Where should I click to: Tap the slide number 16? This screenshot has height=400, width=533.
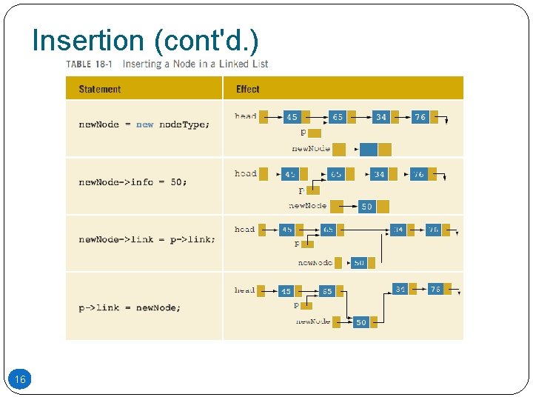[x=21, y=380]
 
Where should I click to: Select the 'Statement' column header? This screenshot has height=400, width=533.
[x=99, y=90]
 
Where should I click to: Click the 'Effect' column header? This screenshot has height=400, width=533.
[x=248, y=90]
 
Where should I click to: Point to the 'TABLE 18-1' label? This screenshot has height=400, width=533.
[x=89, y=64]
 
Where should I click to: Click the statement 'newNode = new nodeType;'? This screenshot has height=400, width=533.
[x=144, y=124]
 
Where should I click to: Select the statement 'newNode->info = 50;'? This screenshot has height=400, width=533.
[x=133, y=182]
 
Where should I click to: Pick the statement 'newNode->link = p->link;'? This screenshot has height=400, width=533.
[x=147, y=240]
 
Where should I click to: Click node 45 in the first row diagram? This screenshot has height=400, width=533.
[x=292, y=117]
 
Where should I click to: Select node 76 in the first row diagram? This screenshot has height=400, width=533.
[x=420, y=117]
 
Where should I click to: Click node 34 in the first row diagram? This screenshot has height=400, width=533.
[x=381, y=117]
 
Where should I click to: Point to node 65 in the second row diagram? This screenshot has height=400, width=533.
[x=336, y=174]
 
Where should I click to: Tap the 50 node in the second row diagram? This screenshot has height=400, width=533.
[x=366, y=207]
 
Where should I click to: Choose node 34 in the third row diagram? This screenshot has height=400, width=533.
[x=398, y=230]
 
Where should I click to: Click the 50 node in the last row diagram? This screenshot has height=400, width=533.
[x=361, y=322]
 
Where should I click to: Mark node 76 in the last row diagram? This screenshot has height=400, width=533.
[x=435, y=289]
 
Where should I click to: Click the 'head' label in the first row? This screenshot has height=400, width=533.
[x=246, y=116]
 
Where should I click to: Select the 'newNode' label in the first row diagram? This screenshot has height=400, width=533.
[x=311, y=149]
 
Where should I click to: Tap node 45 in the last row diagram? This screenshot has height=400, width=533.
[x=286, y=292]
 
